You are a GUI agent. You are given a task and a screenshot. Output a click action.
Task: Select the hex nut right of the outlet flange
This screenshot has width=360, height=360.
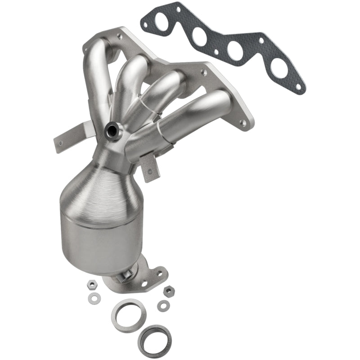(x=169, y=291)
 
